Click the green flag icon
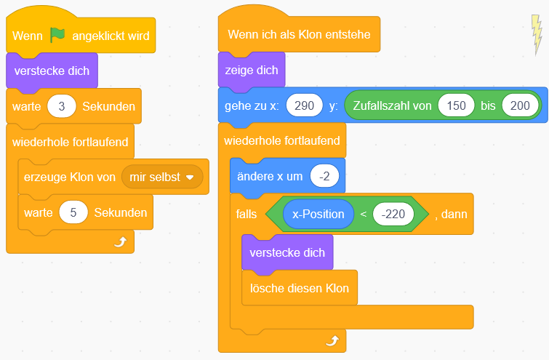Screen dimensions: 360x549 [57, 34]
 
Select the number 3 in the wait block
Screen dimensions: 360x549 [62, 106]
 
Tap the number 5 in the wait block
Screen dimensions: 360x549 [73, 213]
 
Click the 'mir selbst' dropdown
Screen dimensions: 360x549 [161, 177]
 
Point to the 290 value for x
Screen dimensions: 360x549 [305, 105]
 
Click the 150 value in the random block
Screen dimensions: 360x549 [456, 105]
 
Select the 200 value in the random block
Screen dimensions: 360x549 [519, 105]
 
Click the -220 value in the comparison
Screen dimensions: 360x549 [393, 214]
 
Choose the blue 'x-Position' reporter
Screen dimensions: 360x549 [318, 214]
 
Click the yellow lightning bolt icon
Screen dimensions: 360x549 [537, 35]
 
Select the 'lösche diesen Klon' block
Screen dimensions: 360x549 [300, 288]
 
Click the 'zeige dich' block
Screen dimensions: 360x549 [252, 71]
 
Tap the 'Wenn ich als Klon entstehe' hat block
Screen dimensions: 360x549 [298, 34]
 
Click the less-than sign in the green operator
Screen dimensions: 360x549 [363, 214]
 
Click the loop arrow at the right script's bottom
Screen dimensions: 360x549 [332, 340]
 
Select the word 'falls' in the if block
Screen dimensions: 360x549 [247, 214]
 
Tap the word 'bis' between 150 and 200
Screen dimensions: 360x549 [488, 105]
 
